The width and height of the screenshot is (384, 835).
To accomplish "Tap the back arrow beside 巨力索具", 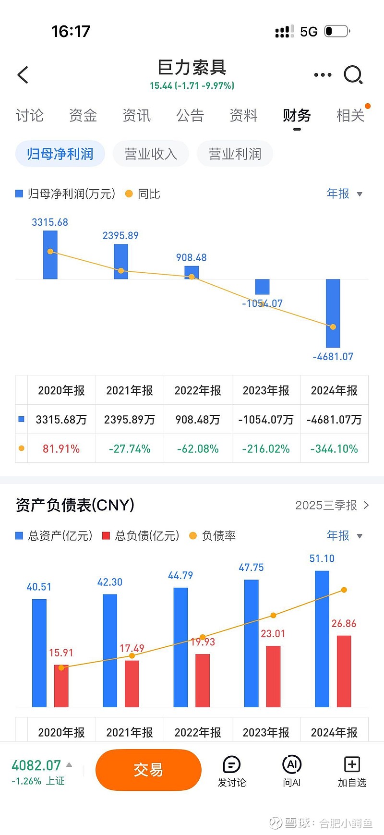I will [x=23, y=75].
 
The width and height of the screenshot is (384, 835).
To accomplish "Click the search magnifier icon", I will [x=353, y=75].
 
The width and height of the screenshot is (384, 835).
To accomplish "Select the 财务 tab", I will [x=297, y=116].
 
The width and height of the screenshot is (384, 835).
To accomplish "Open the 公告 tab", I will [x=190, y=116].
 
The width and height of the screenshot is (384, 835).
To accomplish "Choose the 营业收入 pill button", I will [x=151, y=154].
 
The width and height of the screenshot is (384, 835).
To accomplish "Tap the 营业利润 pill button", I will [x=235, y=154].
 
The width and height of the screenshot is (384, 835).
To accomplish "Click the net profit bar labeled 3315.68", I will [x=50, y=255].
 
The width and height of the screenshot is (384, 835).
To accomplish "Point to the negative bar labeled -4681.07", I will [x=333, y=313].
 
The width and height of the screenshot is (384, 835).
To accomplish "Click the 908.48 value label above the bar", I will [x=191, y=258].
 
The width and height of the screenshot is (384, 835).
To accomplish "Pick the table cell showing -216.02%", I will [x=266, y=449].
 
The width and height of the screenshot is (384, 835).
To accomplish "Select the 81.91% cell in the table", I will [x=61, y=449].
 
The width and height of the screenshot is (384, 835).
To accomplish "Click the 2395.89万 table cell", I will [x=130, y=420].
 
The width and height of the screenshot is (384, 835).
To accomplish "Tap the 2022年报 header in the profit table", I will [x=198, y=391].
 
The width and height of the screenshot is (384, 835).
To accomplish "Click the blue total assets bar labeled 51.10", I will [x=322, y=639].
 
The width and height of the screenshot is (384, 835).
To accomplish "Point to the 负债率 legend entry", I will [x=213, y=536].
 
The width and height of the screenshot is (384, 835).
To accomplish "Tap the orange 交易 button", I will [x=148, y=770].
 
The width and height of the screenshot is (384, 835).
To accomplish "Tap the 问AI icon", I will [x=291, y=765].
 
